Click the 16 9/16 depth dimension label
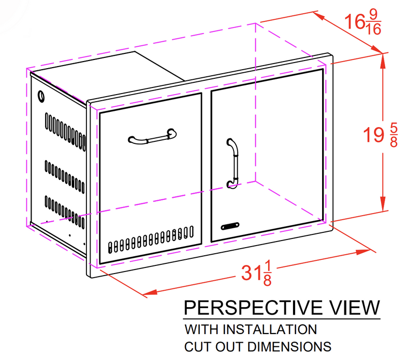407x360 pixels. pyautogui.click(x=363, y=22)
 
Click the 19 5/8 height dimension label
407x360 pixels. pyautogui.click(x=380, y=135)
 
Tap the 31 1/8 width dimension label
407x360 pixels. pyautogui.click(x=256, y=274)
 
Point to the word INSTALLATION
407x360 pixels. pyautogui.click(x=270, y=329)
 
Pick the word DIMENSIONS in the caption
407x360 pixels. pyautogui.click(x=289, y=346)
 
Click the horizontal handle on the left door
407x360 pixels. pyautogui.click(x=152, y=137)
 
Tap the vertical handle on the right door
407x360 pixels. pyautogui.click(x=232, y=163)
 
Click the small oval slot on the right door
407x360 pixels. pyautogui.click(x=230, y=226)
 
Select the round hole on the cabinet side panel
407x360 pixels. pyautogui.click(x=41, y=96)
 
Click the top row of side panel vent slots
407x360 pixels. pyautogui.click(x=65, y=131)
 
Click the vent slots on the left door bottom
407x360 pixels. pyautogui.click(x=151, y=239)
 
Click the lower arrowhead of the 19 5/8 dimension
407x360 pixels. pyautogui.click(x=383, y=204)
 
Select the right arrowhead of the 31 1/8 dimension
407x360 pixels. pyautogui.click(x=363, y=252)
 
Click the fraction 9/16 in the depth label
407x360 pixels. pyautogui.click(x=373, y=22)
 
